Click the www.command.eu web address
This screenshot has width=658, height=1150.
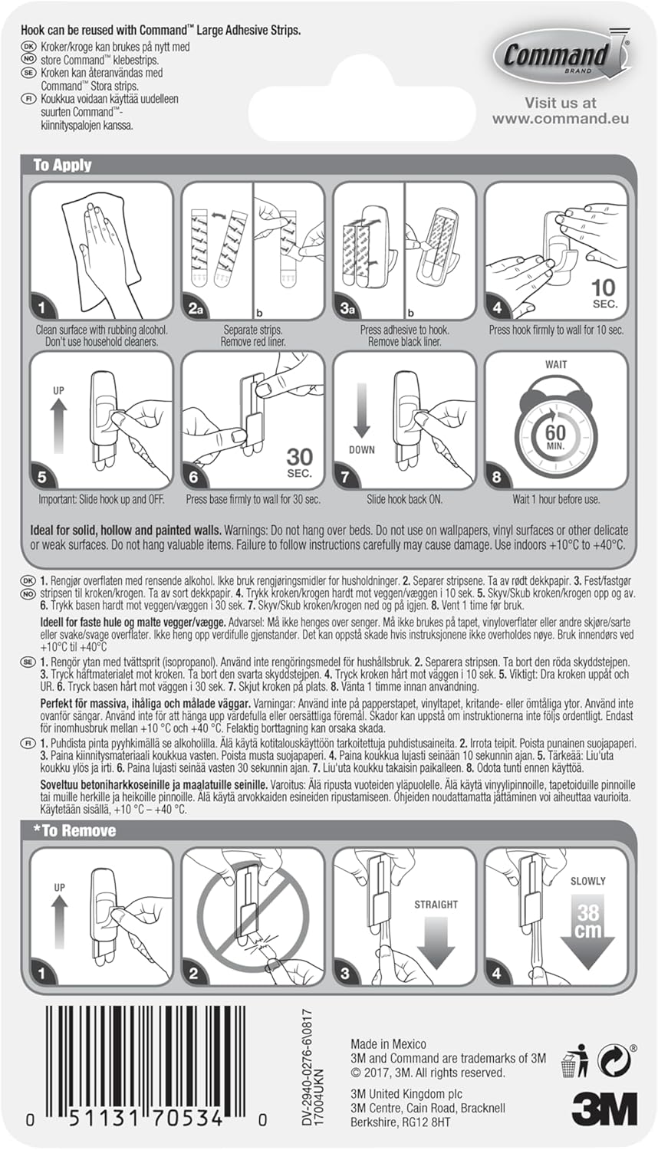[x=560, y=118]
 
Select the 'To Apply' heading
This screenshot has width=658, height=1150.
[x=62, y=165]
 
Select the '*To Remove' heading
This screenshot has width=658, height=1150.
[x=74, y=830]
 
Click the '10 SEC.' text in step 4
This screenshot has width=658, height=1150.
[x=604, y=292]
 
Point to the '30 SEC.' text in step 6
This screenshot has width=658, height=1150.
[x=299, y=462]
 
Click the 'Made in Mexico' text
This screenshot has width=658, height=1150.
[x=388, y=1043]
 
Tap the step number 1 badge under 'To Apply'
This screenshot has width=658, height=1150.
[x=43, y=309]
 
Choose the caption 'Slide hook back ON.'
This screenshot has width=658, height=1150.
[x=404, y=499]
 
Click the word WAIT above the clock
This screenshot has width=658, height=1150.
[x=556, y=365]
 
